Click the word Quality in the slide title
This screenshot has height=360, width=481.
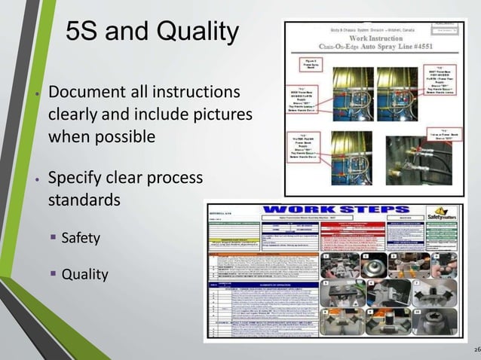point(198,32)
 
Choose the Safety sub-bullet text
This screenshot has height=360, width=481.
point(81,239)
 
